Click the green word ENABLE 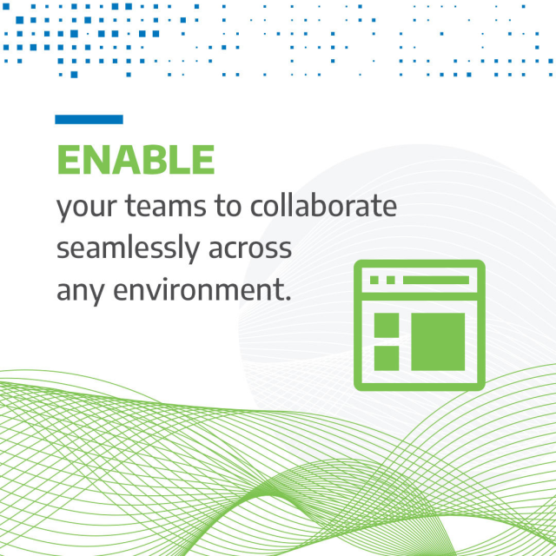(x=135, y=160)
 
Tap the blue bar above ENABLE (x=89, y=120)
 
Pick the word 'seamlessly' (x=127, y=249)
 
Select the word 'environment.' (x=201, y=289)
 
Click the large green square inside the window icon (x=438, y=341)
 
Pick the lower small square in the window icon (x=386, y=357)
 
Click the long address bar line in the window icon (x=435, y=281)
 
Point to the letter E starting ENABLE (x=69, y=160)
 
